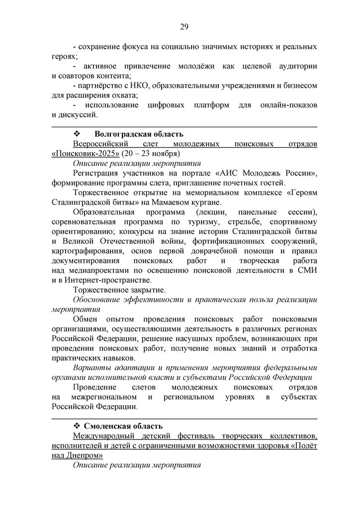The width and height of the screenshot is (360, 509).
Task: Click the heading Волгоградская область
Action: click(139, 134)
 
